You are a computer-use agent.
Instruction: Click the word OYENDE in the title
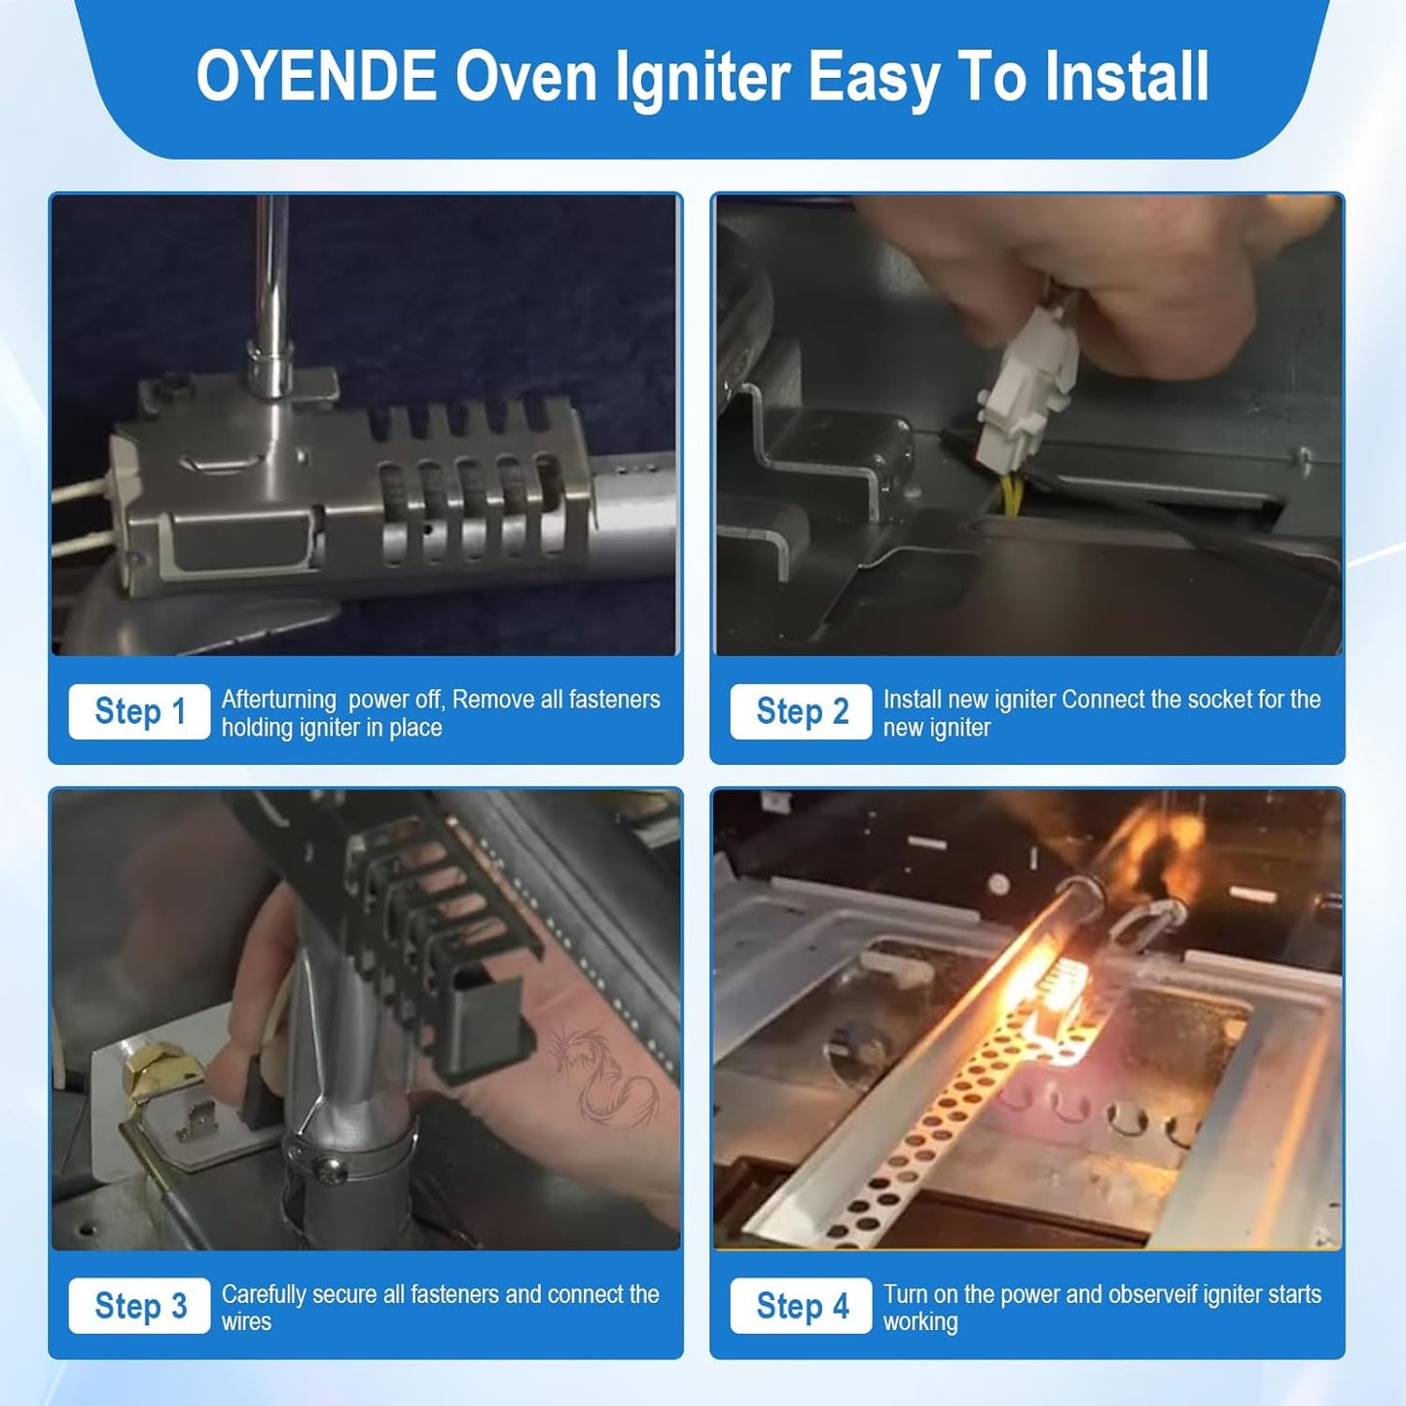click(x=316, y=77)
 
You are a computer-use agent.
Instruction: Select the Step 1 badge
click(x=139, y=711)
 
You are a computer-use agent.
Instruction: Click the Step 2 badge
click(x=801, y=711)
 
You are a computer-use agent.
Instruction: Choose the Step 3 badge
click(x=139, y=1306)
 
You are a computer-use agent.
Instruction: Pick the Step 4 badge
click(x=801, y=1306)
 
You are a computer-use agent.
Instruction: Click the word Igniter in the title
click(x=702, y=77)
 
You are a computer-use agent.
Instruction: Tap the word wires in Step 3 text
click(x=246, y=1322)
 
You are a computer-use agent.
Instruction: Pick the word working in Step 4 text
click(x=919, y=1322)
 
